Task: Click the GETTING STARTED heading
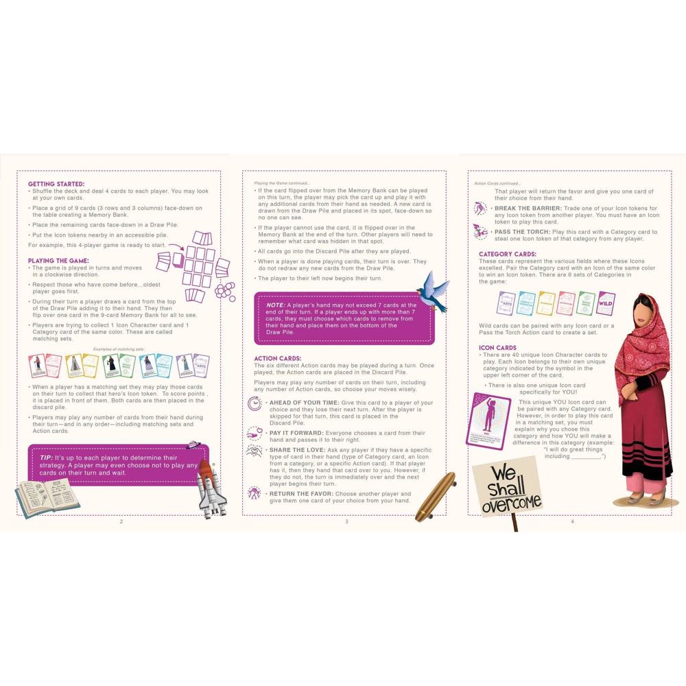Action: click(x=56, y=184)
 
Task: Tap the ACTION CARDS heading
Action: click(x=277, y=358)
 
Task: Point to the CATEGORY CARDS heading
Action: click(x=508, y=254)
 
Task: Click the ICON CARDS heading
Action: click(x=497, y=348)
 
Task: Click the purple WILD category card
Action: click(x=606, y=303)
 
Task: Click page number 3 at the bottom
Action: click(x=346, y=522)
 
